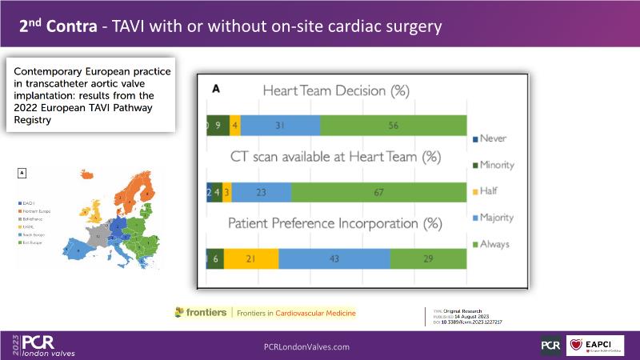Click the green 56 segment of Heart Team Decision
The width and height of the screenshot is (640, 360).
pos(392,126)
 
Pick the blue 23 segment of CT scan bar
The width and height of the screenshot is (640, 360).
pos(262,193)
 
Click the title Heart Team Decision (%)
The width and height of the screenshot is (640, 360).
pos(336,91)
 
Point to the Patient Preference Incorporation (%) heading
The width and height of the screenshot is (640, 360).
pos(336,225)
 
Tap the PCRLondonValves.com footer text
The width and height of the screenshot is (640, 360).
pos(306,346)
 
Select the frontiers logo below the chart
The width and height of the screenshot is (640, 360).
pos(200,313)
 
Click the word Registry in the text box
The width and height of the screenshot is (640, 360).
pos(33,121)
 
